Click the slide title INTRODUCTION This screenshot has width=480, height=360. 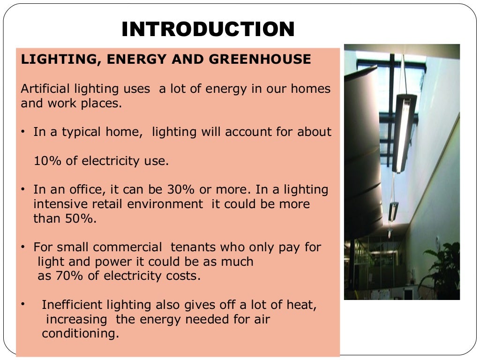[208, 30]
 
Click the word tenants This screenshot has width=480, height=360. [193, 247]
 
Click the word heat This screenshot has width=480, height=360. [302, 305]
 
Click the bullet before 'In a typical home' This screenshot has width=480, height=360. [22, 132]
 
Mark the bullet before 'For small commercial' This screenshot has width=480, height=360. [22, 247]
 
